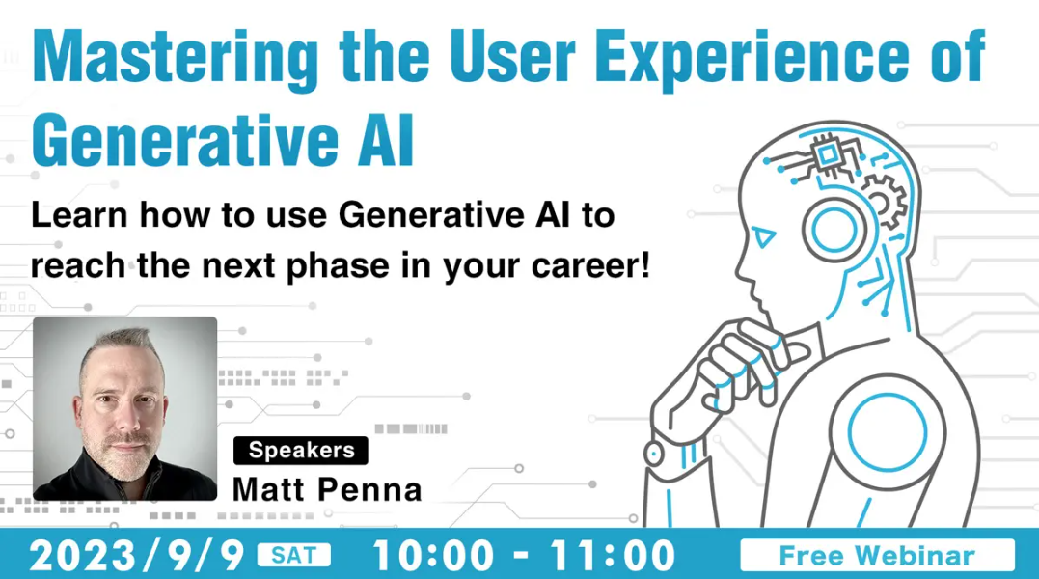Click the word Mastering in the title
coord(176,58)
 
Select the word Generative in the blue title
coord(185,140)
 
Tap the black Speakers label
coord(301,451)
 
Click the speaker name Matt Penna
coord(327,489)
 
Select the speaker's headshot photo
coord(125,408)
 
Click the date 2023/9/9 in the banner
coord(137,555)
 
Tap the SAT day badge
coord(293,555)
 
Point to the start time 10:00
coord(434,555)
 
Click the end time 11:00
coord(613,555)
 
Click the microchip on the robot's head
coord(827,155)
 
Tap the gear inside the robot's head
coord(886,201)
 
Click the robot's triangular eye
coord(764,236)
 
